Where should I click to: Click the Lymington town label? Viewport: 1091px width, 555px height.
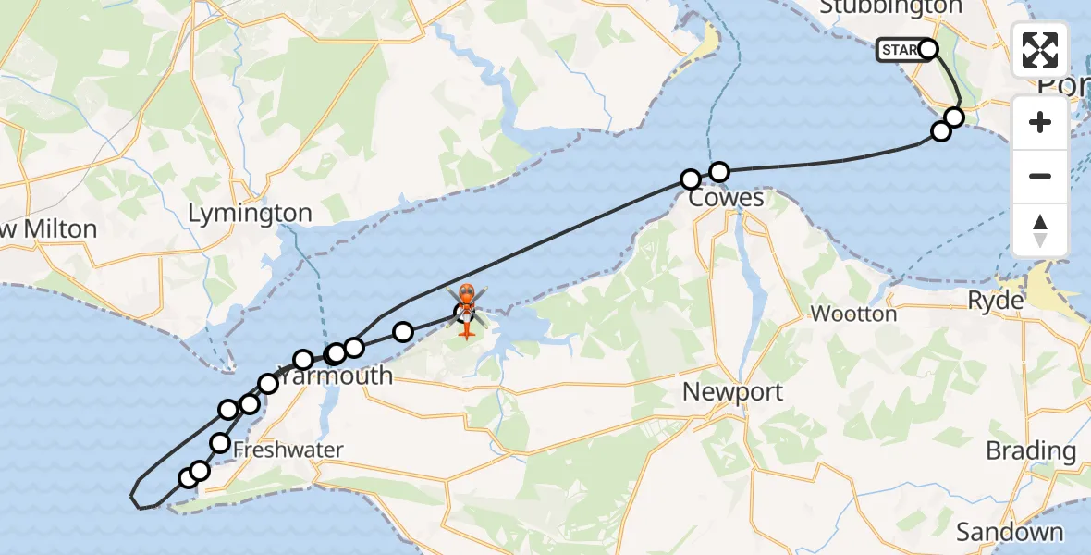250,214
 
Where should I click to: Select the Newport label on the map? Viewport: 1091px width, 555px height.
732,391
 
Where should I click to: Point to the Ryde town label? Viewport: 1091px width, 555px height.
995,301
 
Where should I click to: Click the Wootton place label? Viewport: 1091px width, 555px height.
853,314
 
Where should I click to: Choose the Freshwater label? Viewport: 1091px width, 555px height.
288,450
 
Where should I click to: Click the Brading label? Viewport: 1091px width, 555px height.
1031,451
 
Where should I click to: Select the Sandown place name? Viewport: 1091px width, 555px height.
1010,532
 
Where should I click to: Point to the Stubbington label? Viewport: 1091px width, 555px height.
890,7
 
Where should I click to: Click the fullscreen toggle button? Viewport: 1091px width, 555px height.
1040,50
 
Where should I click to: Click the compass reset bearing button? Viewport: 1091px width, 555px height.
1040,229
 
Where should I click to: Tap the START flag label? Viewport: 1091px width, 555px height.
899,50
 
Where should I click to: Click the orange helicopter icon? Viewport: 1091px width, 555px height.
466,310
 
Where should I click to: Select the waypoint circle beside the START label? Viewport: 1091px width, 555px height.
928,49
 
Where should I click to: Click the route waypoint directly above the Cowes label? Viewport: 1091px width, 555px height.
718,171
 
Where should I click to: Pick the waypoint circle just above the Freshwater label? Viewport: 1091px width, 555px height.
220,443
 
